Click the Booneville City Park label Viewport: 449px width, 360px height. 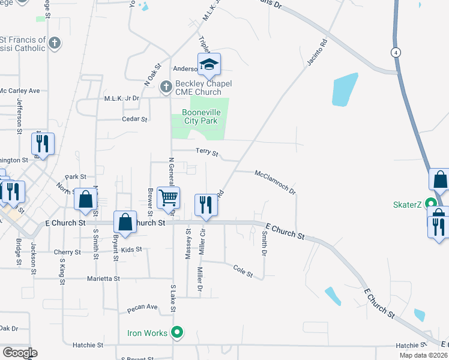[x=201, y=116]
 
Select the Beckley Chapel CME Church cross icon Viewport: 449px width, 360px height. [x=166, y=88]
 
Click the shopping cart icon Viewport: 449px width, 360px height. [x=168, y=197]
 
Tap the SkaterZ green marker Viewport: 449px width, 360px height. [x=430, y=203]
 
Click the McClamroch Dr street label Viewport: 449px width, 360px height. [x=276, y=182]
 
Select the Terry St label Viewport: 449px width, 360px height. [x=207, y=152]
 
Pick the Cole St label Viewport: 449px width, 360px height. [x=244, y=272]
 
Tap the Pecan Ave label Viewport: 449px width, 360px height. [x=142, y=307]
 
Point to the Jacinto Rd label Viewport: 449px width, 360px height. [x=318, y=53]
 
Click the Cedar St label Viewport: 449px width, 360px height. [x=134, y=119]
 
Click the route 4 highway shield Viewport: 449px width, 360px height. [x=396, y=53]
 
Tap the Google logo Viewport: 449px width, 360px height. [x=19, y=353]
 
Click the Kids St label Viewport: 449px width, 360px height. [x=131, y=249]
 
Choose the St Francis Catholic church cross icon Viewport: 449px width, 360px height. [x=55, y=43]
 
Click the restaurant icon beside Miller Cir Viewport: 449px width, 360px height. [x=206, y=204]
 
